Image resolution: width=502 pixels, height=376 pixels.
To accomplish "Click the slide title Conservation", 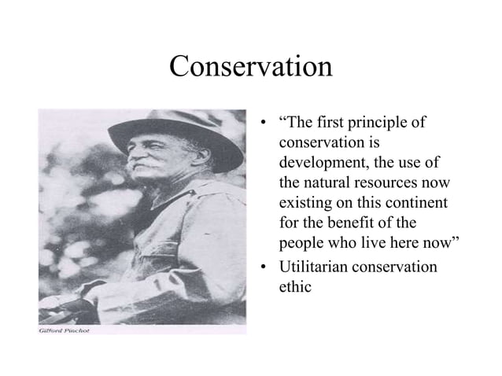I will [x=251, y=67].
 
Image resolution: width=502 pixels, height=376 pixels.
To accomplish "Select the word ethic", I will [x=296, y=286].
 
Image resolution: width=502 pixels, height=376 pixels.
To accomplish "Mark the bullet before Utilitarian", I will [x=265, y=267].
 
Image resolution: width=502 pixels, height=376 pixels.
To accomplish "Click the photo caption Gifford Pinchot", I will [x=65, y=330].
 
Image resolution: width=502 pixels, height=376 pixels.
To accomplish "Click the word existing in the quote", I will [x=306, y=205].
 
